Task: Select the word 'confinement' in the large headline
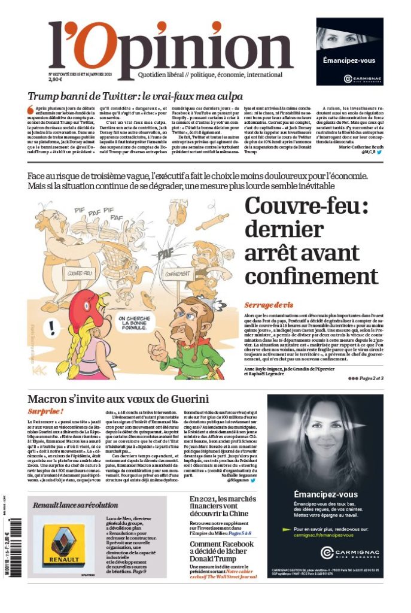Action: [311, 276]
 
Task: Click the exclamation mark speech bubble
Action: [53, 327]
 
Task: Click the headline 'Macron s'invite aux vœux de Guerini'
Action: [118, 399]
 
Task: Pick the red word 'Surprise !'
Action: [45, 412]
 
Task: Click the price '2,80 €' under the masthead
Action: [56, 78]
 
